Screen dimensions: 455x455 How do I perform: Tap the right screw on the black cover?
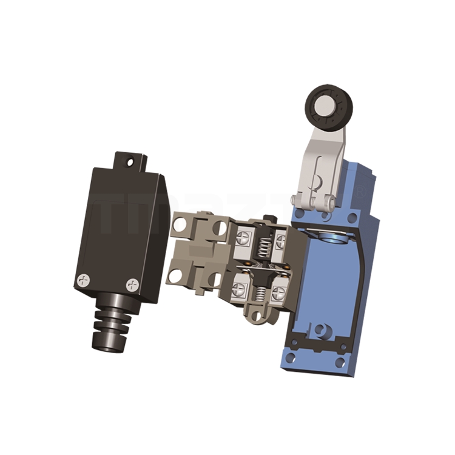pos(132,284)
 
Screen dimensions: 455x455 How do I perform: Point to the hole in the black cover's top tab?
pos(127,162)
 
